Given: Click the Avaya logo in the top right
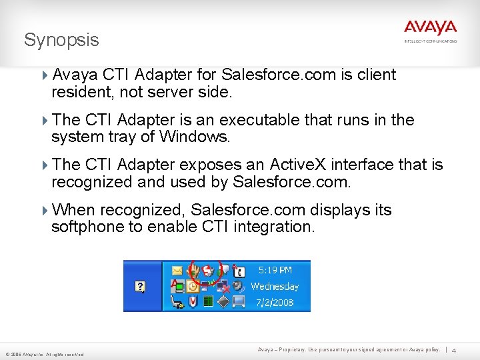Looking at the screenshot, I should (430, 28).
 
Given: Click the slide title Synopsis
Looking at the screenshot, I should (61, 40).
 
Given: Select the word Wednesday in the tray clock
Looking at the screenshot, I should (275, 287).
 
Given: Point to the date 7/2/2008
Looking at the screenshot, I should (275, 302).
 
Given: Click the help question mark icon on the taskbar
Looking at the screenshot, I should (140, 287).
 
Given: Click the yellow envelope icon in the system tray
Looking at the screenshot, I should (177, 271).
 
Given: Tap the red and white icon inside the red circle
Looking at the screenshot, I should (208, 271).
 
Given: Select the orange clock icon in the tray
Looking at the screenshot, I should (193, 287).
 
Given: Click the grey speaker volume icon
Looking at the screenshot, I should (238, 287).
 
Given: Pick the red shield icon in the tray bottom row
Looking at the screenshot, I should (193, 302).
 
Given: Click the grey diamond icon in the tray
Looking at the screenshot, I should (223, 302).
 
